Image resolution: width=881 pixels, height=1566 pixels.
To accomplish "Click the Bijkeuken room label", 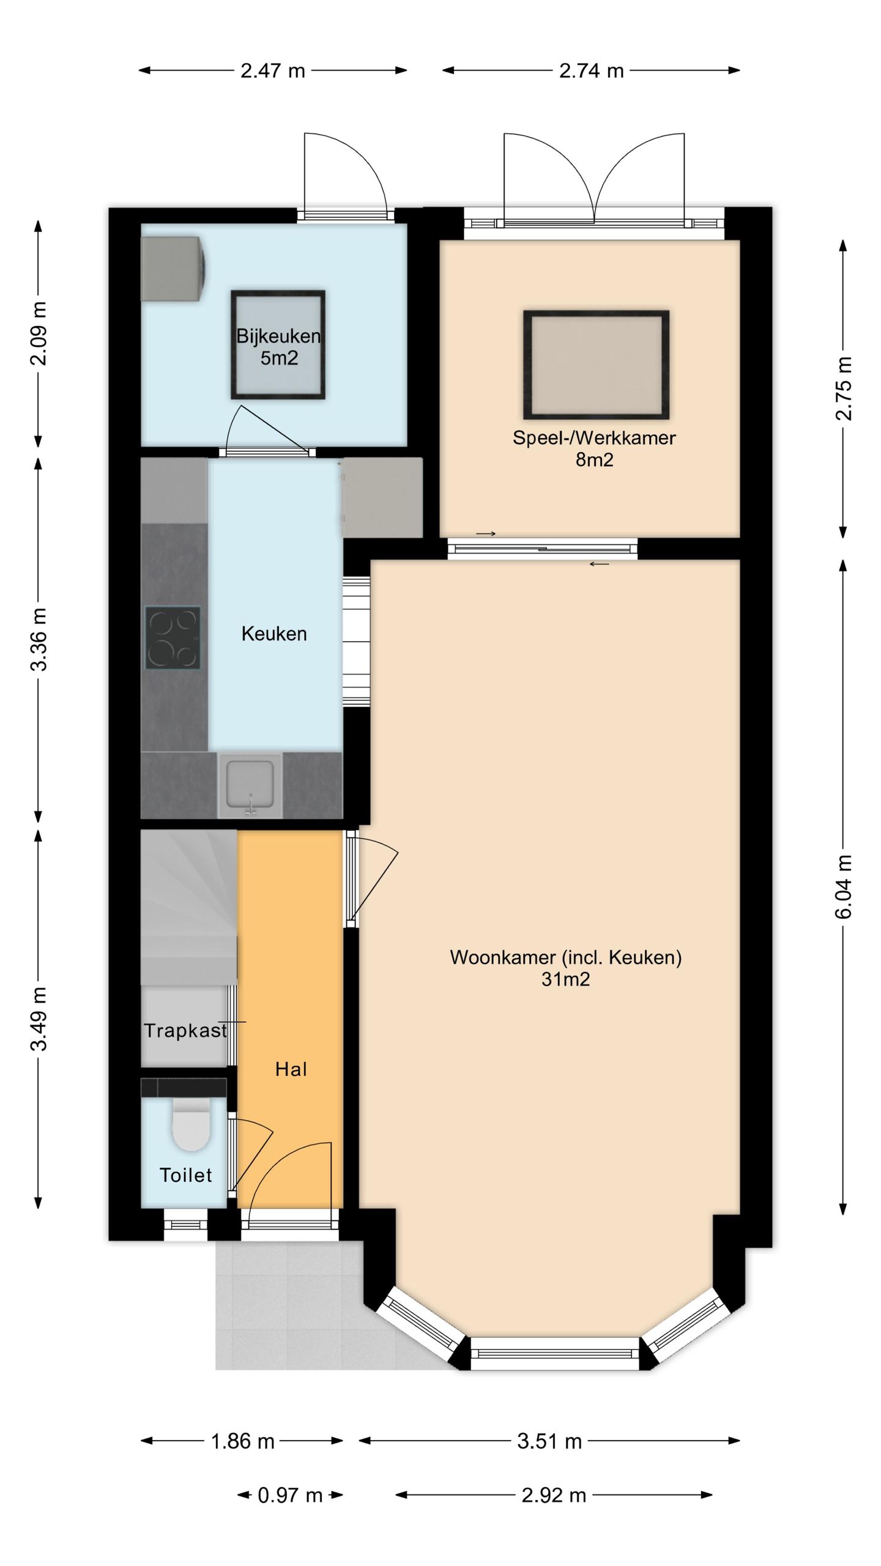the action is [x=278, y=336].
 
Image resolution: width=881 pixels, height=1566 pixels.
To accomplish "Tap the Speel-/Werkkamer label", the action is [x=594, y=438].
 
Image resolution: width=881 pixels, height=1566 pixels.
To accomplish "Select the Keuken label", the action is [x=274, y=634].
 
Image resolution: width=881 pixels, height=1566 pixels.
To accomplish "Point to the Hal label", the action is [x=291, y=1069].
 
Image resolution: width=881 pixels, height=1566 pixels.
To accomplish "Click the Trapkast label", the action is [x=185, y=1031].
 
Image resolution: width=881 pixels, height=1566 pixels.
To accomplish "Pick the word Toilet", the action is [x=185, y=1174].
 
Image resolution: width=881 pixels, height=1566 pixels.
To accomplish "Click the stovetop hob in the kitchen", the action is [x=173, y=637].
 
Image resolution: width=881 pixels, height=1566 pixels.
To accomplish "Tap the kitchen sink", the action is [x=250, y=785].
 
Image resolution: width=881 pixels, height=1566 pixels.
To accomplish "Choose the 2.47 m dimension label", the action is [x=273, y=71].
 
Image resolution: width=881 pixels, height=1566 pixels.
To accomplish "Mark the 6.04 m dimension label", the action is [x=844, y=886].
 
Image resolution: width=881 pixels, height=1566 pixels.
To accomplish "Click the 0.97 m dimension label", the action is [x=290, y=1495].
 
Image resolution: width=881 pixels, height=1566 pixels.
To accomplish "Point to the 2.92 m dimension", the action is [x=554, y=1495].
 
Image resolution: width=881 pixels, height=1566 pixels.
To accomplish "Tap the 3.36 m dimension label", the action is [x=39, y=639].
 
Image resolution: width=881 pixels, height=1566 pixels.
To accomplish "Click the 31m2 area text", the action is [x=566, y=979].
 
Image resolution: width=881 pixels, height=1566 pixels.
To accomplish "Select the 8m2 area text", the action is [x=594, y=459].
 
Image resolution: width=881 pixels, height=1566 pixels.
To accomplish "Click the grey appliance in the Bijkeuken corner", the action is [x=173, y=269].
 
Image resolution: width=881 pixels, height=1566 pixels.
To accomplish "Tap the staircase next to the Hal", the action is [x=189, y=907].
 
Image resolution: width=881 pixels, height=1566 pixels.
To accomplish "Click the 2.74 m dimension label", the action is [x=592, y=71].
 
